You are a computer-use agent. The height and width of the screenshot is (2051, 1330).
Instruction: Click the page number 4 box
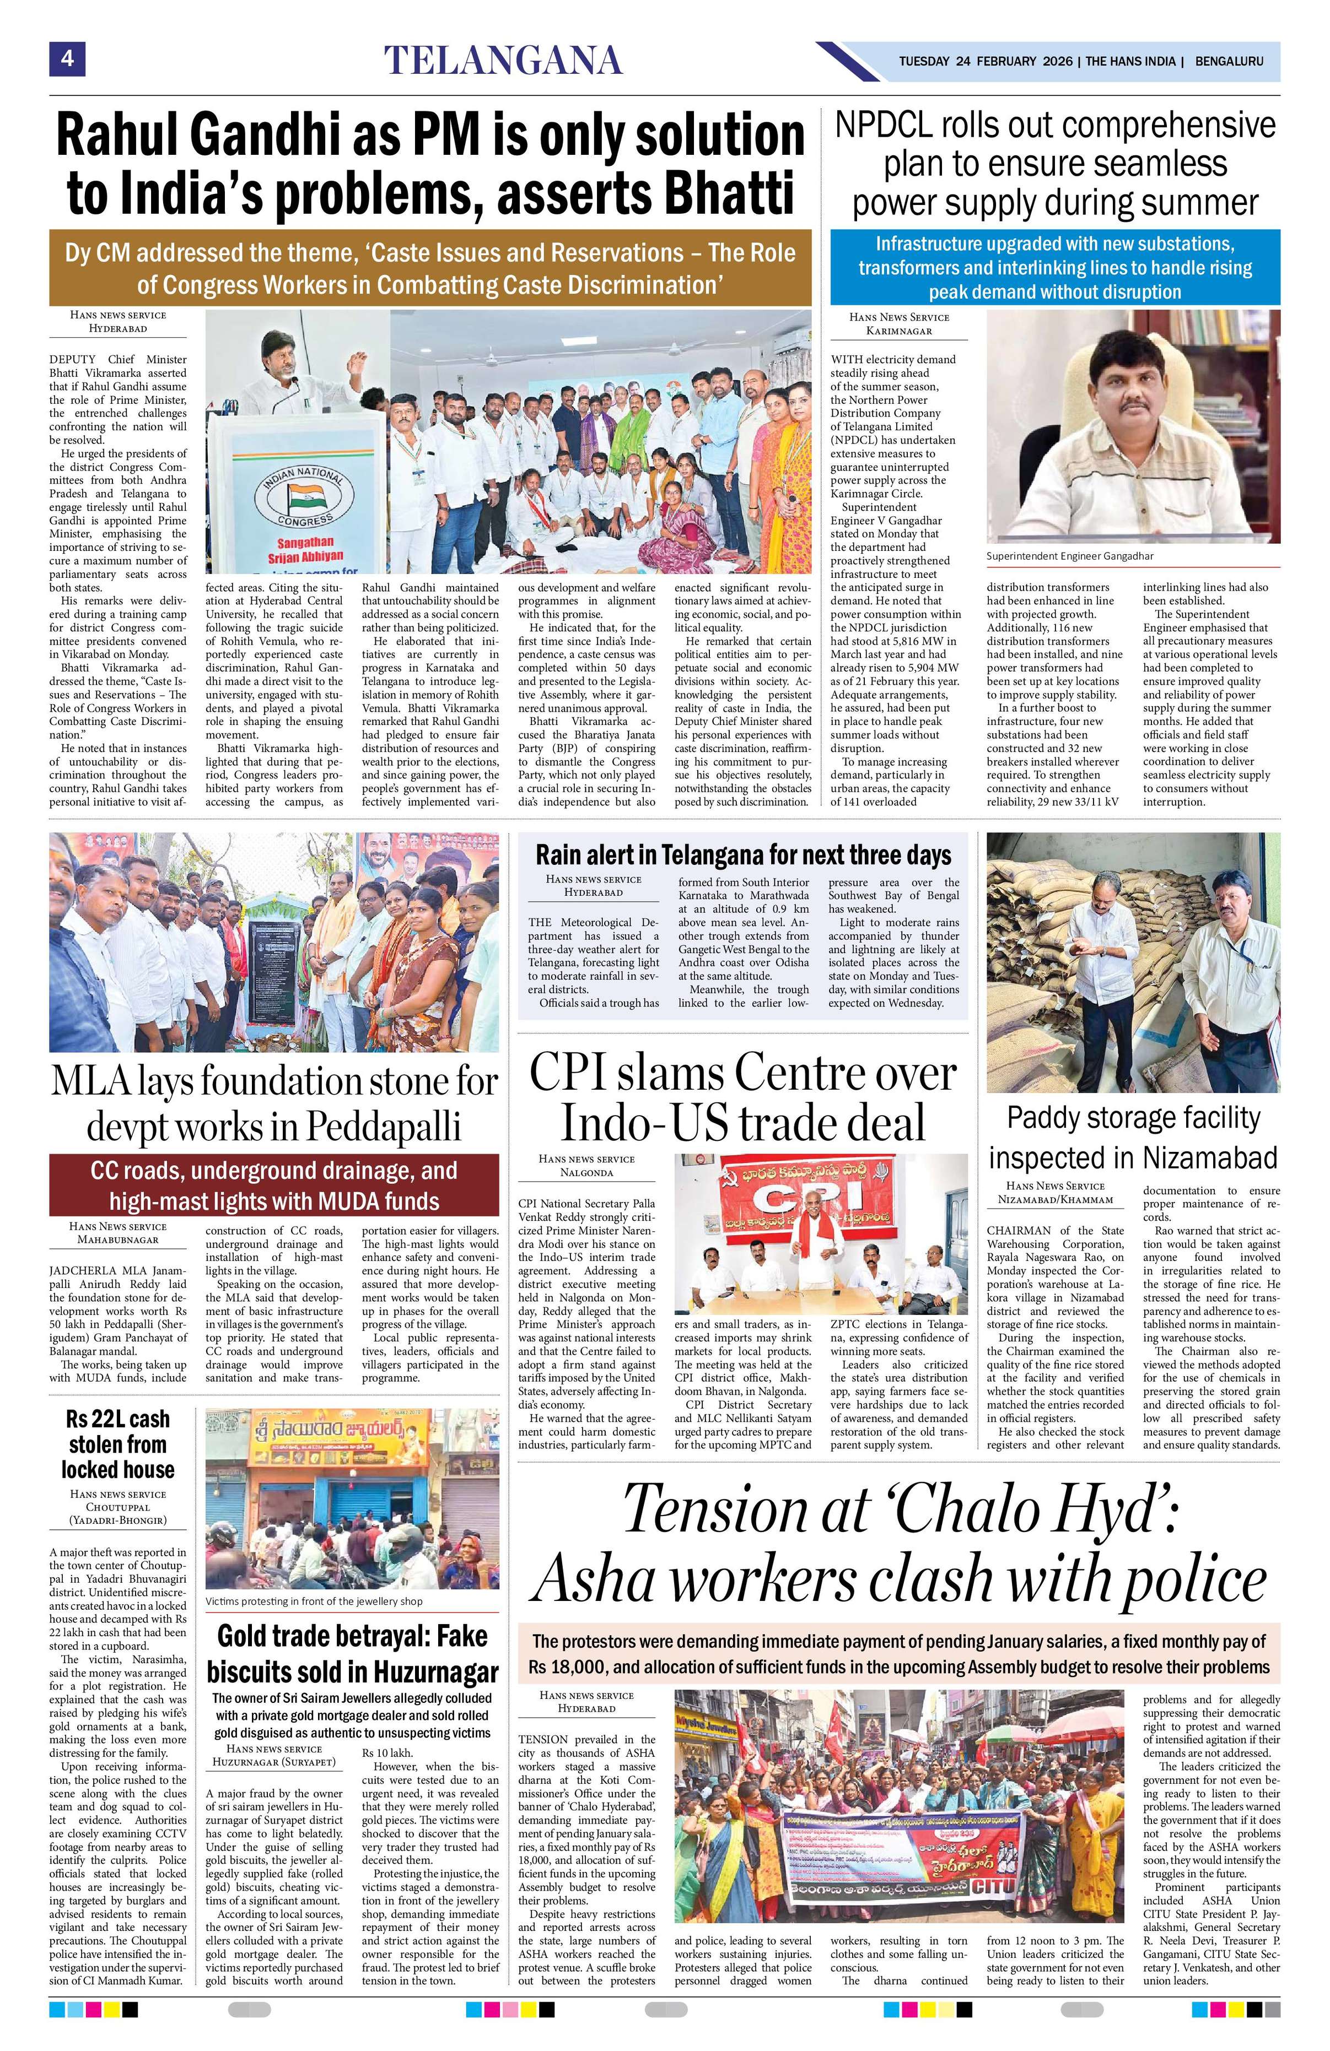[x=66, y=61]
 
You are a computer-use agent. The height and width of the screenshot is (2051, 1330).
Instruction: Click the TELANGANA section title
[x=503, y=61]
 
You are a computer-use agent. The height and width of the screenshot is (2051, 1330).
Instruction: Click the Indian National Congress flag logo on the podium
[x=305, y=498]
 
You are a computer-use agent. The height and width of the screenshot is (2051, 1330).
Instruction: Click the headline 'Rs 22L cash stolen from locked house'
[x=117, y=1443]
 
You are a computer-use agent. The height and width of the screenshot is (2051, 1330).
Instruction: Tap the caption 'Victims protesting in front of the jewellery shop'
[x=314, y=1601]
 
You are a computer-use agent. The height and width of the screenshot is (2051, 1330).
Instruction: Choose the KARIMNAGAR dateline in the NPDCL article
[x=899, y=330]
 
